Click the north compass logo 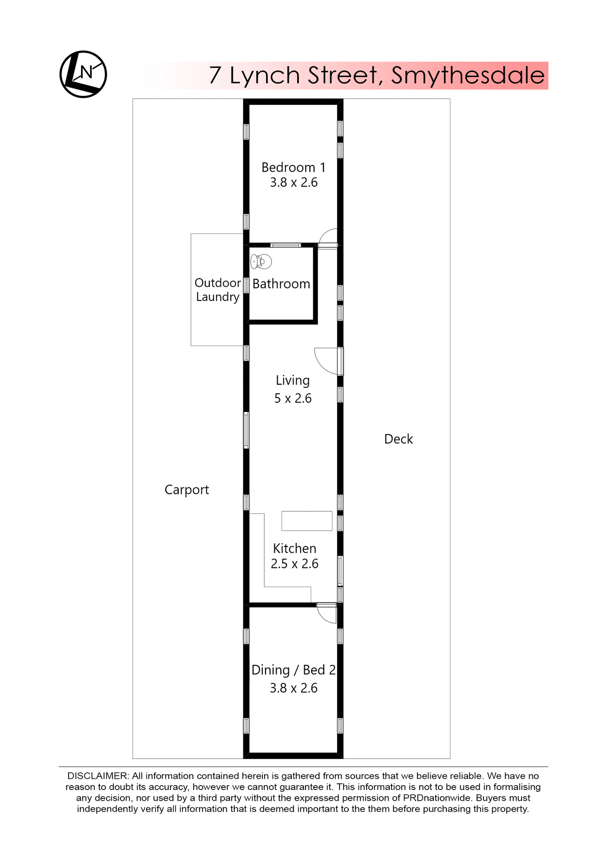pyautogui.click(x=83, y=74)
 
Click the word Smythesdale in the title pyautogui.click(x=467, y=75)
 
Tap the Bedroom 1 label pyautogui.click(x=293, y=167)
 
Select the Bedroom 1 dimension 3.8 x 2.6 pyautogui.click(x=293, y=182)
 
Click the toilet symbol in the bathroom pyautogui.click(x=261, y=262)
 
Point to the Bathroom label pyautogui.click(x=281, y=284)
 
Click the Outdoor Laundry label pyautogui.click(x=217, y=290)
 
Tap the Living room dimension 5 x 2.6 pyautogui.click(x=293, y=398)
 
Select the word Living pyautogui.click(x=292, y=380)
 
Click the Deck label pyautogui.click(x=398, y=439)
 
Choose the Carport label pyautogui.click(x=187, y=490)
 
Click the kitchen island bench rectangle pyautogui.click(x=307, y=521)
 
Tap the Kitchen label pyautogui.click(x=294, y=548)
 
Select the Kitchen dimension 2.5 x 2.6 pyautogui.click(x=294, y=564)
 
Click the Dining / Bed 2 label pyautogui.click(x=293, y=670)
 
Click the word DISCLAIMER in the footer pyautogui.click(x=98, y=776)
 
